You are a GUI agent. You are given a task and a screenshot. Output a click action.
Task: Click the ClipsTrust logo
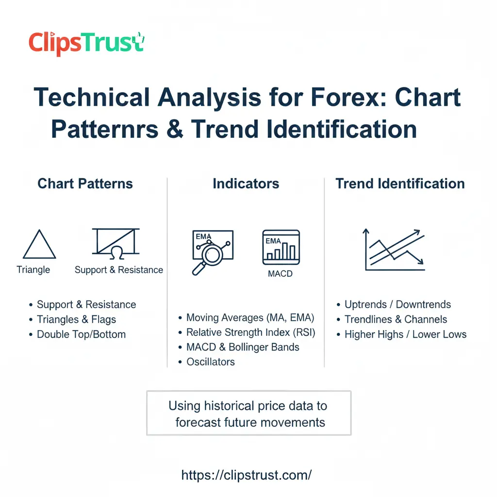[86, 43]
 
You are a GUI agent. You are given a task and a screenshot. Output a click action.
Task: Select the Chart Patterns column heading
[85, 183]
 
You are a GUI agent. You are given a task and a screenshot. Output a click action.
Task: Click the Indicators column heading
[246, 183]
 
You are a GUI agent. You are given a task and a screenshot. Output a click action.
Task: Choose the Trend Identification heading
[400, 183]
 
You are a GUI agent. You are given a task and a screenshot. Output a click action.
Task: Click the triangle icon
[39, 245]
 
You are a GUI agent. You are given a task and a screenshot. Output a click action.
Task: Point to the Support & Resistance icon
[116, 242]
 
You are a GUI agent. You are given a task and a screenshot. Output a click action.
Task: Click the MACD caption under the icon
[280, 274]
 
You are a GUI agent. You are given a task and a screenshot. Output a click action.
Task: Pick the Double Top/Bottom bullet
[81, 334]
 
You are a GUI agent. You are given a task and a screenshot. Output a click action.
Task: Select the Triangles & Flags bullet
[76, 319]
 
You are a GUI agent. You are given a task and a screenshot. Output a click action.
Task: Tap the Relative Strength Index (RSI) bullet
[250, 332]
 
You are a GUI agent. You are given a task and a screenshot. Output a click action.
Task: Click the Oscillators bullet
[210, 362]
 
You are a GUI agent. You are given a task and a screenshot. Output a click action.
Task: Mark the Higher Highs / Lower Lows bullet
[405, 334]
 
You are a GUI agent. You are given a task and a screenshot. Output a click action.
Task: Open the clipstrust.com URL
[247, 475]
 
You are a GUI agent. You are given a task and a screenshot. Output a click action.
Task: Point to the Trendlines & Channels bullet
[396, 319]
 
